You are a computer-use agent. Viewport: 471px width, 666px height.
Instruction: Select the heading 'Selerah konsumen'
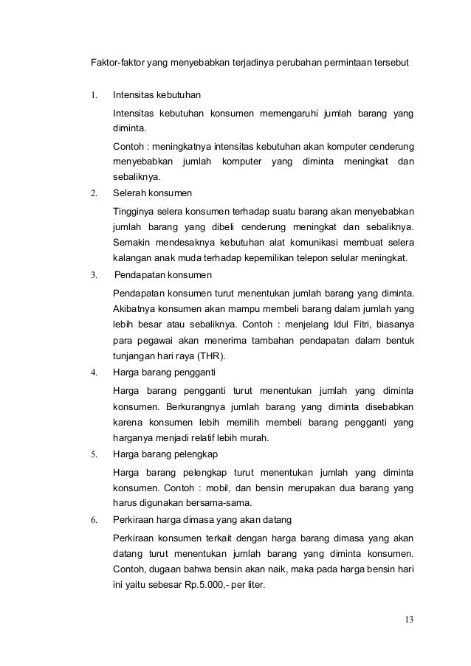152,194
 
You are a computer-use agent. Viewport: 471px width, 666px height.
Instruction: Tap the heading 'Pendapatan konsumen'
163,275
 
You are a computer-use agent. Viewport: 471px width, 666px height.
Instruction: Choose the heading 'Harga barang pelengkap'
165,453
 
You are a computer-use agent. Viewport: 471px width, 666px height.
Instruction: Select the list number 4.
94,372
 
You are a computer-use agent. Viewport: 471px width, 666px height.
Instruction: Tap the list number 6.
94,518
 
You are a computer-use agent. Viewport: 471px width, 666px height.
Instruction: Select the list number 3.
94,275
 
